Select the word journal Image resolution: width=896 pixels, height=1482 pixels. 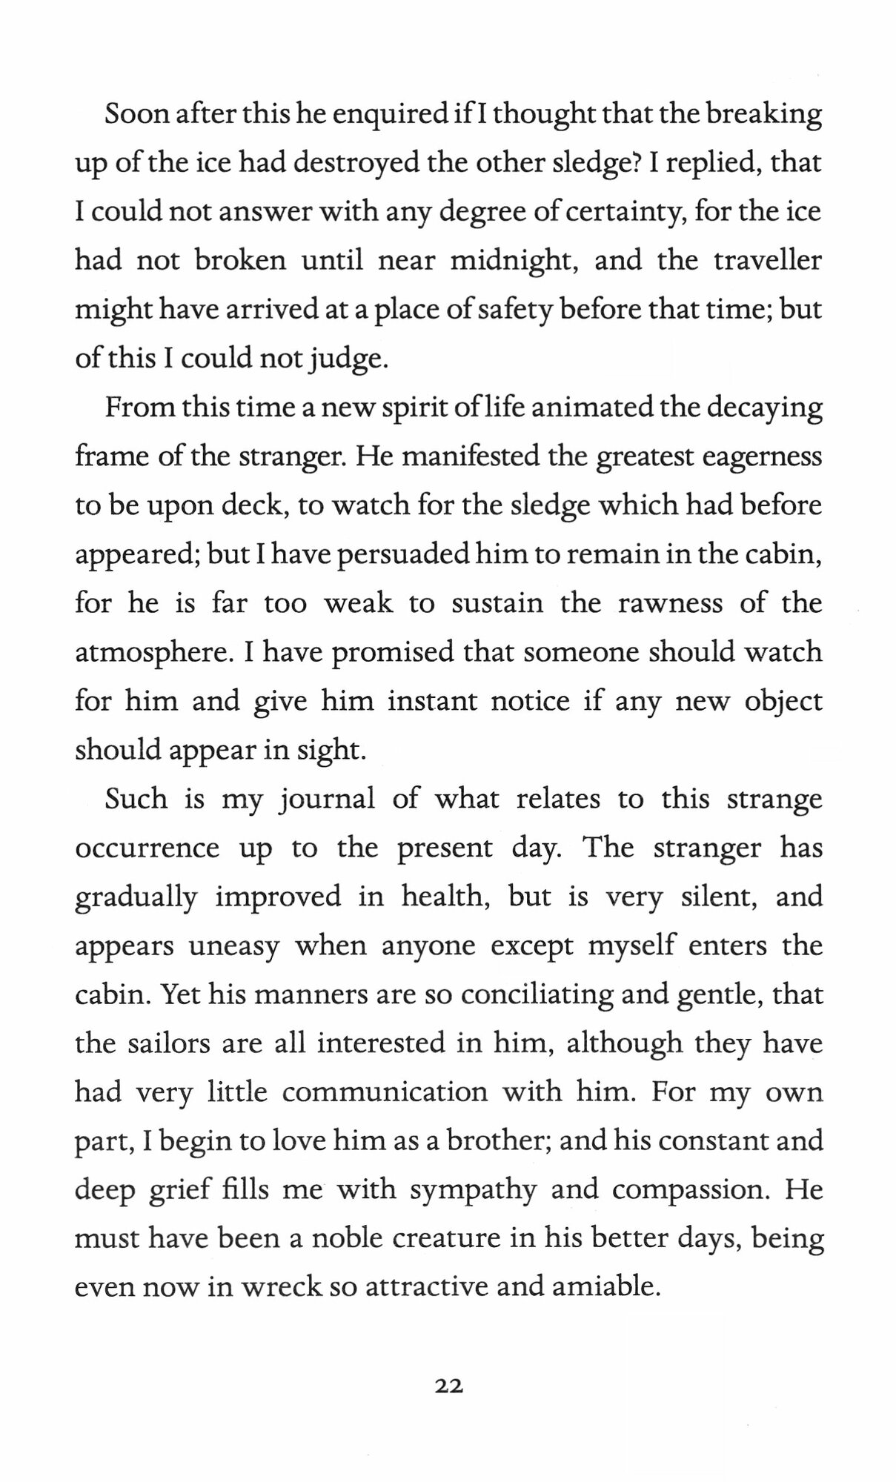326,800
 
